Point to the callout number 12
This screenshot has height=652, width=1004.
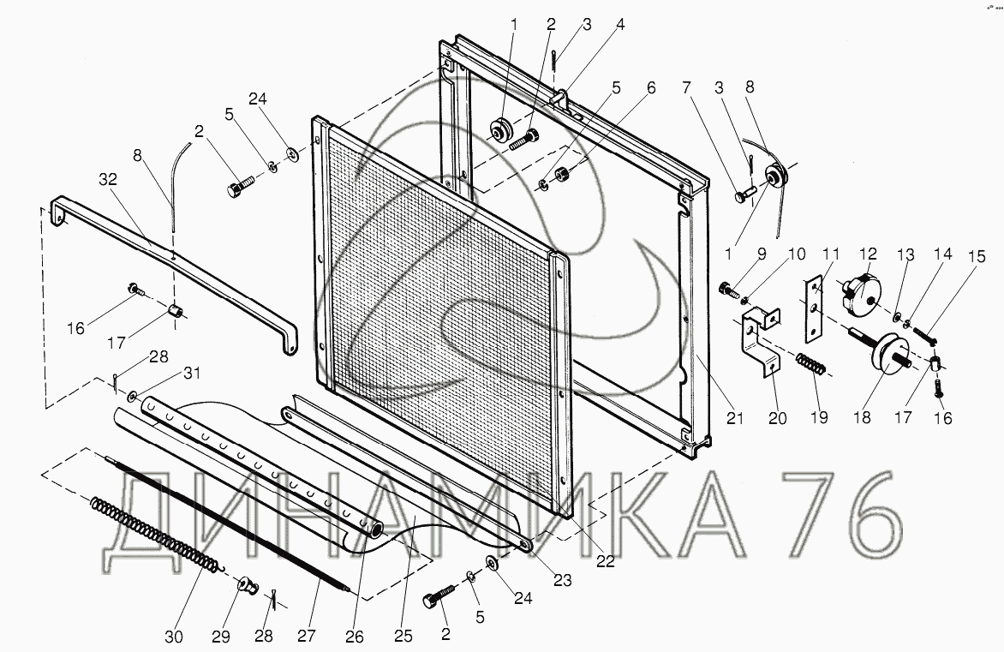pos(868,254)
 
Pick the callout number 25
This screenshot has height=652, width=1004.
pos(403,637)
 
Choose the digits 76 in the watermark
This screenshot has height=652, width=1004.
pos(848,514)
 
